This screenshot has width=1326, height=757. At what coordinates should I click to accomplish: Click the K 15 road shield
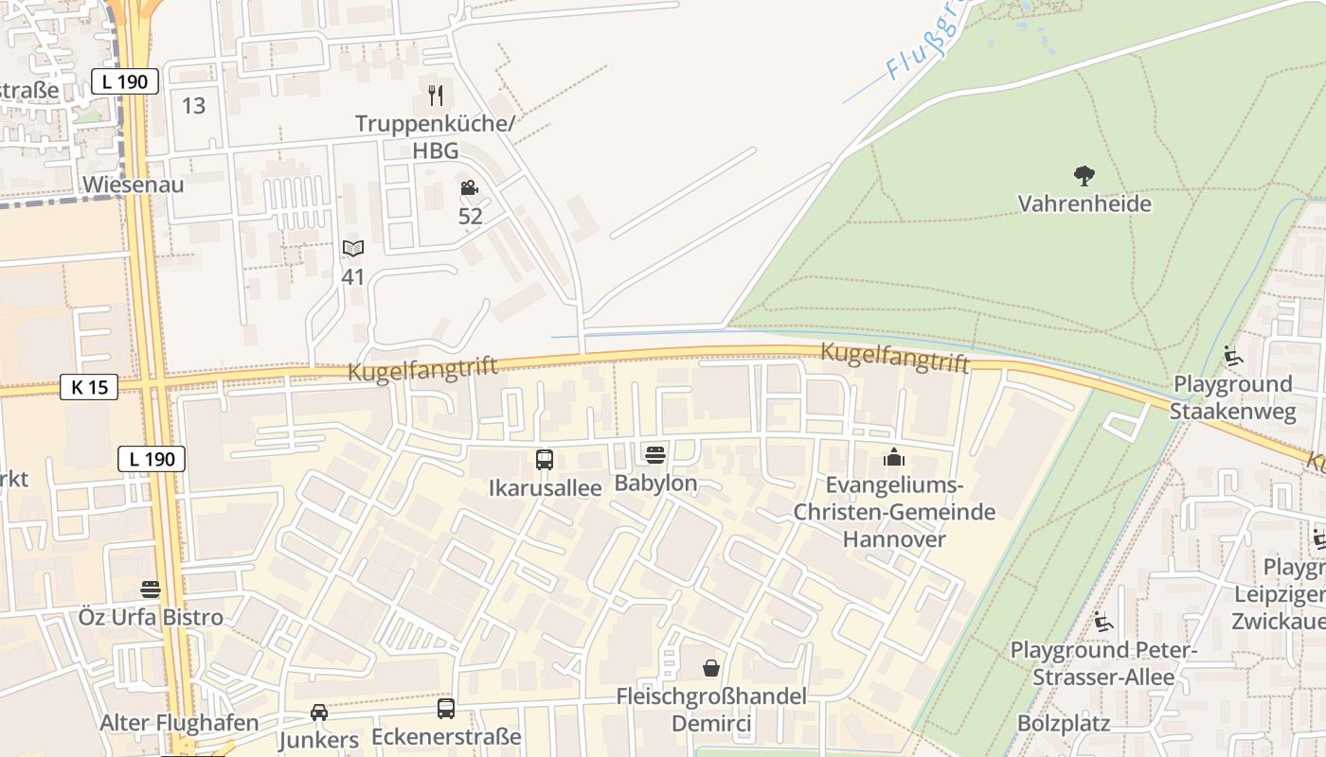point(89,387)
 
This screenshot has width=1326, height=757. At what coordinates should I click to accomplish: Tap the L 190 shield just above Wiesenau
point(125,81)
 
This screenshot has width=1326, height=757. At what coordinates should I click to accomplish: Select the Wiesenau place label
point(133,185)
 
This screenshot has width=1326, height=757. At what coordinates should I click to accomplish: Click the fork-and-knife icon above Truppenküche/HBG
point(436,95)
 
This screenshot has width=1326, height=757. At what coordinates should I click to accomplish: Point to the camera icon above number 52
point(469,188)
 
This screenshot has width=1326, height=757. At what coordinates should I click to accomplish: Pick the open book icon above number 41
point(352,249)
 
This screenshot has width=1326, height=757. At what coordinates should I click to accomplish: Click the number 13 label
point(193,106)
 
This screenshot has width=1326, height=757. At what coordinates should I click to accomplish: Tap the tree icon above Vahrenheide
point(1084,175)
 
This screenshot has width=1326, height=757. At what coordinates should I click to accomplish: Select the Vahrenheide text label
point(1084,203)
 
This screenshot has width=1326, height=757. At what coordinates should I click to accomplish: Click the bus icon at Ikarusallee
point(545,460)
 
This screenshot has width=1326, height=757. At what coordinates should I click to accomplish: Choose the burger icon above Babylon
point(654,455)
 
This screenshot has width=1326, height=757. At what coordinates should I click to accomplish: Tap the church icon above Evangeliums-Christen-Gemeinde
point(893,458)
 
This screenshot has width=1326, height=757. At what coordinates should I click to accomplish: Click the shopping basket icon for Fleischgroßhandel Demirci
point(711,668)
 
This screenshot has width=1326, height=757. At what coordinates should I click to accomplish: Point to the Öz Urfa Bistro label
point(152,618)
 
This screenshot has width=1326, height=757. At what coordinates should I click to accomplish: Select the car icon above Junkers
point(319,713)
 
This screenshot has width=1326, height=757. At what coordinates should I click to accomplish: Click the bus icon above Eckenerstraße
point(446,709)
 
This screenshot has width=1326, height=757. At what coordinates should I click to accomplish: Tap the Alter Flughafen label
point(179,723)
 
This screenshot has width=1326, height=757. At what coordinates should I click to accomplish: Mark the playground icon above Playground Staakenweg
point(1232,356)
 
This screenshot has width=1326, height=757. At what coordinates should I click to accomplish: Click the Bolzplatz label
point(1064,724)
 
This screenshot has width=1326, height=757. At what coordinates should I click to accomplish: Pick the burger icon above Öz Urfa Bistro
point(150,590)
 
